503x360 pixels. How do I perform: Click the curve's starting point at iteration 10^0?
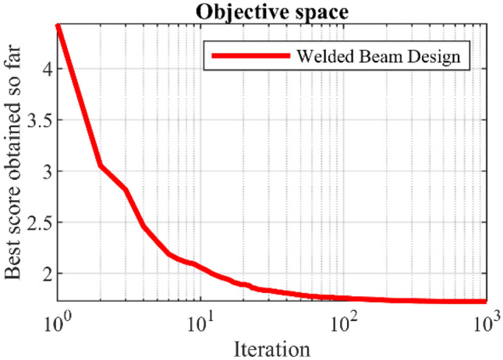[58, 26]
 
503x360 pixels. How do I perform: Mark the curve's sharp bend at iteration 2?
[101, 165]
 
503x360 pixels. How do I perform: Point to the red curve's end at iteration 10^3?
[485, 301]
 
